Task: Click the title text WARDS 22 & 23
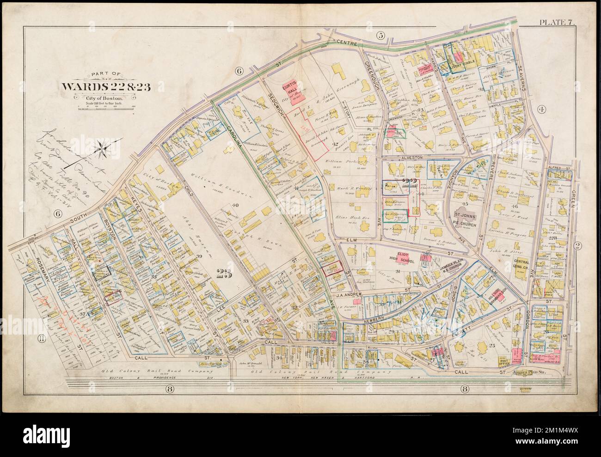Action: pos(104,86)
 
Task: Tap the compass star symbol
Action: pos(104,148)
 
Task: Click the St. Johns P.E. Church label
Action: pos(466,217)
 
